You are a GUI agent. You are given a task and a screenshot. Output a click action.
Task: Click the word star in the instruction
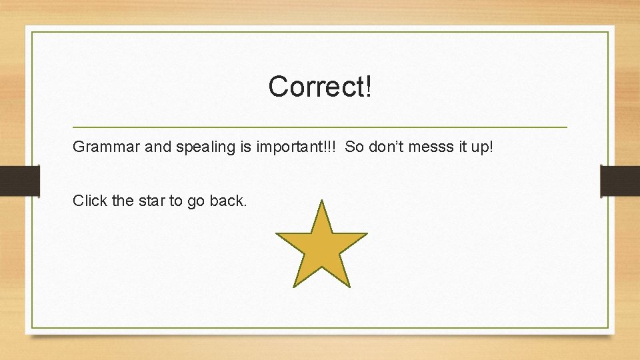pyautogui.click(x=151, y=201)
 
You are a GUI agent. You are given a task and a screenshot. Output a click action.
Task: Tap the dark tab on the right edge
pyautogui.click(x=621, y=181)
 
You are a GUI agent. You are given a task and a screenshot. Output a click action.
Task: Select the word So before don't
pyautogui.click(x=355, y=147)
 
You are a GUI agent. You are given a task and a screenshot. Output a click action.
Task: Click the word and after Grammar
pyautogui.click(x=158, y=147)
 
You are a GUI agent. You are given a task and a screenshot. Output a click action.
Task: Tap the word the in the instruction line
pyautogui.click(x=123, y=201)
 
